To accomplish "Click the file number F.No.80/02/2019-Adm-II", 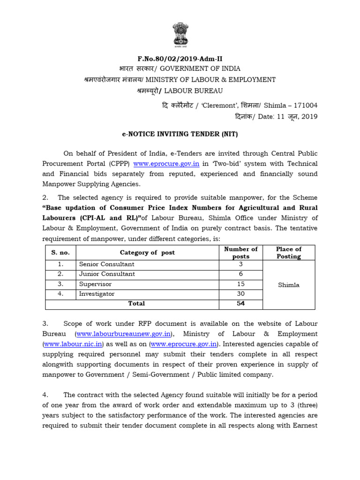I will [x=180, y=59].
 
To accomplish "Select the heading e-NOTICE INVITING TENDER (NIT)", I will [x=180, y=135].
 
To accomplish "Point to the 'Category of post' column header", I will [x=147, y=253].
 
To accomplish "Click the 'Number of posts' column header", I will [x=241, y=253].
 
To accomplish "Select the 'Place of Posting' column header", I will [x=289, y=253].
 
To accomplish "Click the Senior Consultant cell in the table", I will [x=107, y=264].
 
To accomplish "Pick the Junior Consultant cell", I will [x=107, y=274].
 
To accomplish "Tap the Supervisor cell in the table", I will [x=96, y=284].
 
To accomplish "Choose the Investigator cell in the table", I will [x=97, y=294].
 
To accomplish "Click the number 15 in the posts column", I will [x=241, y=284].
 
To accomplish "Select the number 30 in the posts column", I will [x=241, y=294].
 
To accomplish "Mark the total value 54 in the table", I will [x=241, y=304].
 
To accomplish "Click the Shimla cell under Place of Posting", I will [x=289, y=285].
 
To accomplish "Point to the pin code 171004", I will [x=305, y=105].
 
